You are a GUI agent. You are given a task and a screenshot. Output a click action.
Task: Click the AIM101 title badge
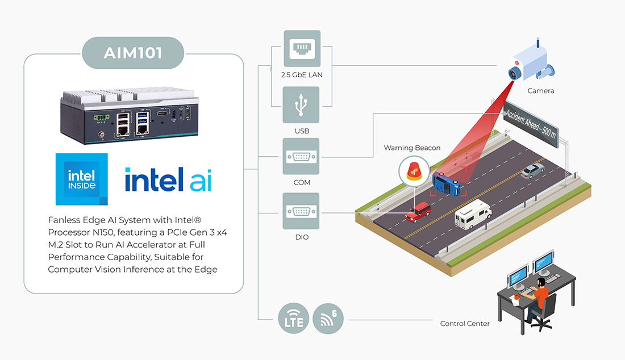point(133,53)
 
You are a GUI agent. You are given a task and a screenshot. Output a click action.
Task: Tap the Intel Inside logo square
point(82,179)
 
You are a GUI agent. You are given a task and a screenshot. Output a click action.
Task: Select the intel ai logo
point(168,179)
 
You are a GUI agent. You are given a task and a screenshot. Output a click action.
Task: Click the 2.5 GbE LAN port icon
point(301,49)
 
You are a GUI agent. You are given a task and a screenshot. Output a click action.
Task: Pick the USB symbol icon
point(301,105)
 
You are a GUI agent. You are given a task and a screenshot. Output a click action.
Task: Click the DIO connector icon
point(301,212)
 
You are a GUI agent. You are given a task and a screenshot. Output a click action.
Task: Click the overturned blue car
point(447,183)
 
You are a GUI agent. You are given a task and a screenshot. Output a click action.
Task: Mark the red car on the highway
point(418,212)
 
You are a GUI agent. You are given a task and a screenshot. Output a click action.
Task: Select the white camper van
point(472,213)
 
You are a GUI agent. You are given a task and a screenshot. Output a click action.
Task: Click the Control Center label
point(465,324)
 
